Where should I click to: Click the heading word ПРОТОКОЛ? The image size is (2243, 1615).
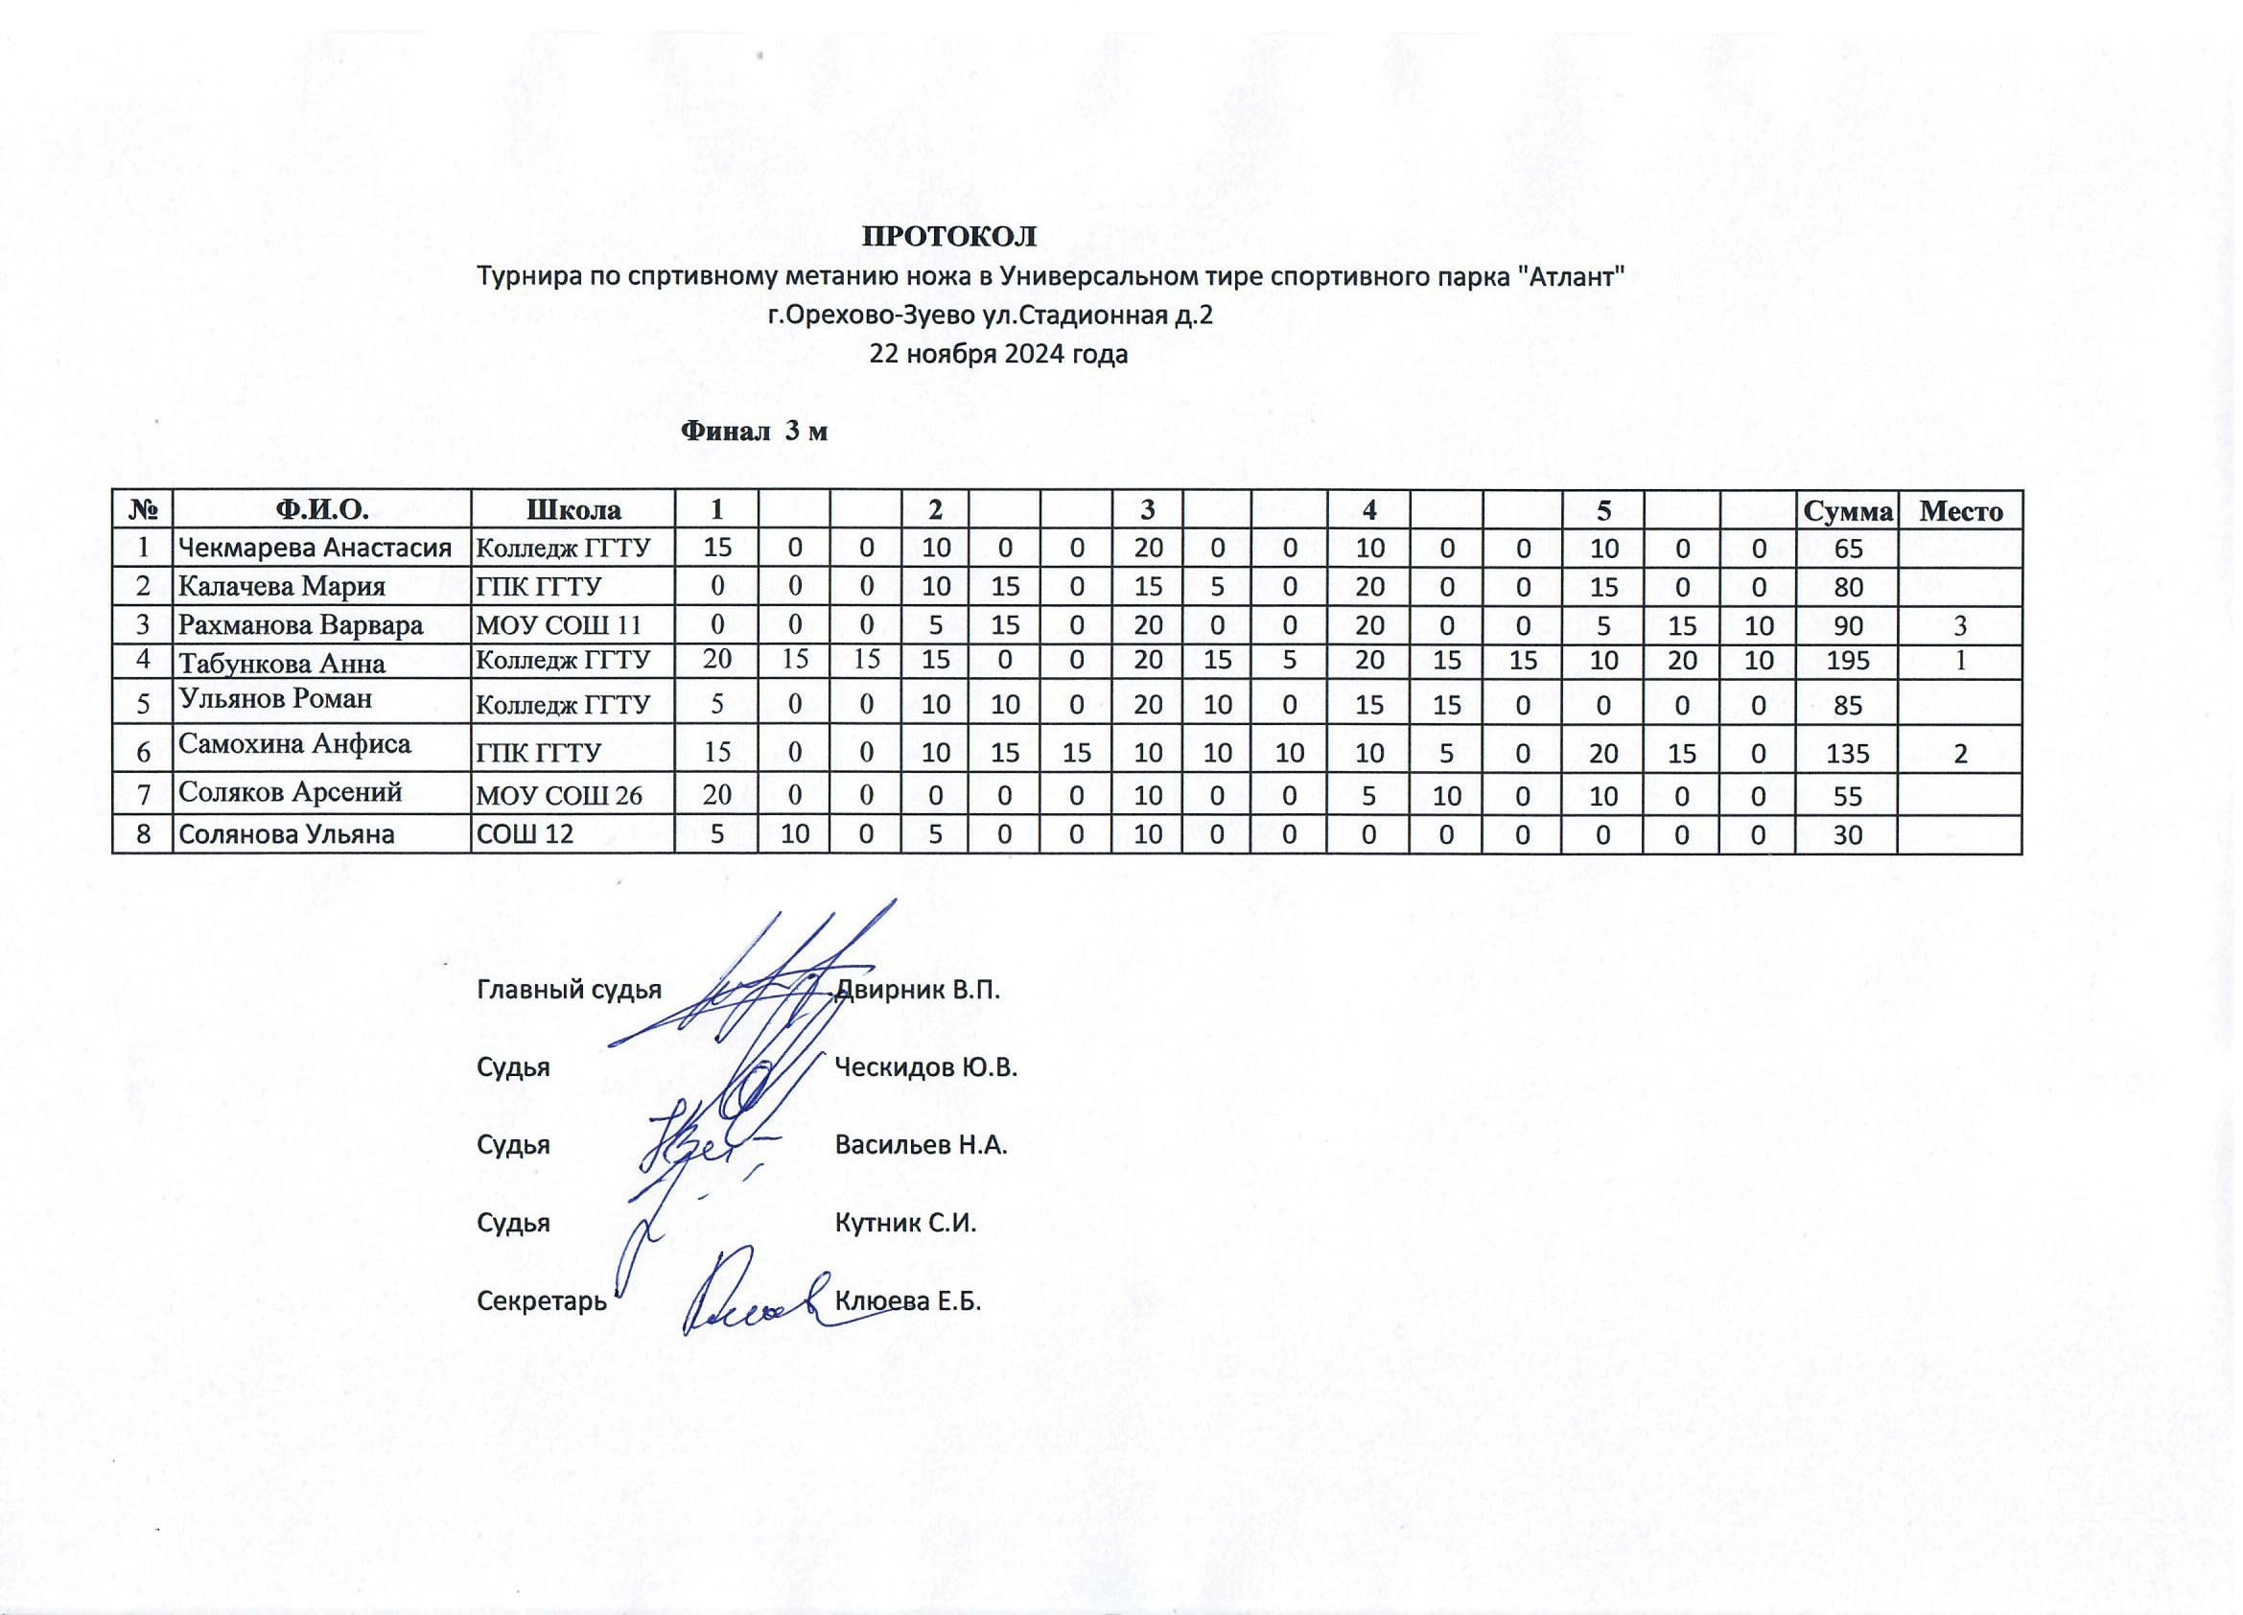point(949,236)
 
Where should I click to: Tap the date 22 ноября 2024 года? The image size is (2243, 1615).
point(998,354)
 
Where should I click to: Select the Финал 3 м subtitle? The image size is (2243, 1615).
point(755,432)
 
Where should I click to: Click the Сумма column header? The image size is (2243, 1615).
point(1847,510)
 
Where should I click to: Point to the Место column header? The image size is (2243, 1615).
point(1960,510)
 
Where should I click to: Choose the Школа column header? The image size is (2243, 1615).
point(572,510)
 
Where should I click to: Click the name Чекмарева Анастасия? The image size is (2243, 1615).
point(315,548)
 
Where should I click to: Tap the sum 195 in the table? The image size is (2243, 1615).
point(1847,662)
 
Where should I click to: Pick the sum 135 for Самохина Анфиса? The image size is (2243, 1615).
point(1847,754)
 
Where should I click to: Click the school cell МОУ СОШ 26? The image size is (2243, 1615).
point(560,795)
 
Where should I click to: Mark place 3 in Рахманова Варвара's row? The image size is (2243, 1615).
point(1960,625)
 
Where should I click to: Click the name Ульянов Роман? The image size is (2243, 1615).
point(276,698)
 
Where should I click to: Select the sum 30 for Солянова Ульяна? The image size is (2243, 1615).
point(1847,834)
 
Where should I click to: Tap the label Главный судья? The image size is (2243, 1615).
point(570,989)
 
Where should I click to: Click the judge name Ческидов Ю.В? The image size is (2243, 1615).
point(925,1067)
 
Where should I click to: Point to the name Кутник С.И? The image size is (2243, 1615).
point(905,1224)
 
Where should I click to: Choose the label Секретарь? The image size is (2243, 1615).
point(542,1300)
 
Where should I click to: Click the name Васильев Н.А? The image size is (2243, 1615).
point(921,1145)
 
